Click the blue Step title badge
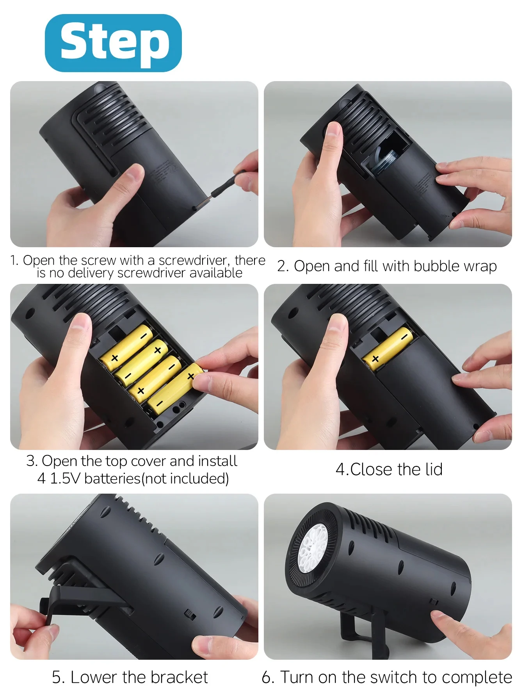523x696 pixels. [113, 43]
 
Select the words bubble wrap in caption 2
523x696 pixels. [455, 266]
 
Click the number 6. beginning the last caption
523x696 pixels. [269, 677]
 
